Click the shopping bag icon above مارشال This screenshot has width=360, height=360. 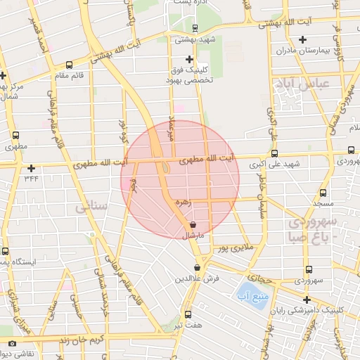pos(193,225)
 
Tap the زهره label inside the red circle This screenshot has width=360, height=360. pos(184,202)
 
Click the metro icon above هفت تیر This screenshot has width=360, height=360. pos(187,314)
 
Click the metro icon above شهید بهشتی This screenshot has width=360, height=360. pos(194,29)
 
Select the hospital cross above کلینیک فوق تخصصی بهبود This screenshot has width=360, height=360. pos(188,60)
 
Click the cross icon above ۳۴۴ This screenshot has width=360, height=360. pos(31,168)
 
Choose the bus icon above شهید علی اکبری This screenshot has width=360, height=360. pos(274,153)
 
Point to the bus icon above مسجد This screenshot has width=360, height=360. pos(323,193)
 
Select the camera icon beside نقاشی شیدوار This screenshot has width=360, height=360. pos(11,343)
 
